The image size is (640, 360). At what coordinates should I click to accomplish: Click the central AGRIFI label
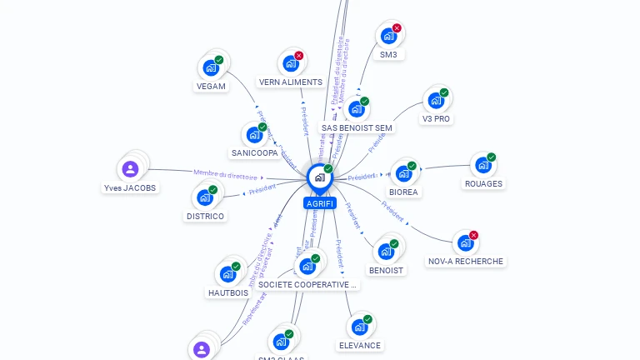pos(320,203)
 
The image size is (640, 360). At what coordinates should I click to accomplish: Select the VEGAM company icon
pos(210,67)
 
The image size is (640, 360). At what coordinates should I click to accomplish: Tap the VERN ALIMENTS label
pos(291,82)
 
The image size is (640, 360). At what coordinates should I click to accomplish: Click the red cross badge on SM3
pos(397,28)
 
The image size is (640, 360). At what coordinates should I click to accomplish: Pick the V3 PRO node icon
pos(435,101)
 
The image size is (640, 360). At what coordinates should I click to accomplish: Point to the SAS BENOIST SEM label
pos(357,128)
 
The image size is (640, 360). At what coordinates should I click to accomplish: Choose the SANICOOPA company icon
pos(254,135)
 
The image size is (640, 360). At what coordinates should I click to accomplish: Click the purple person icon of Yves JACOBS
pos(130,169)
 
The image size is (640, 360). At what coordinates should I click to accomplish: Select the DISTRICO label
pos(205,217)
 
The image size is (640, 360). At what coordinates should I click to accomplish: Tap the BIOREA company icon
pos(403,173)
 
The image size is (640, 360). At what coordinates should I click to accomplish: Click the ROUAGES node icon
pos(482,165)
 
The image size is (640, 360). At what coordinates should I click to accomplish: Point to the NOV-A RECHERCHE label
pos(466,262)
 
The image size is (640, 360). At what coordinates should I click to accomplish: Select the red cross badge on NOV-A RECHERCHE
pos(474,235)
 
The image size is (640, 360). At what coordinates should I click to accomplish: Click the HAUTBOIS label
pos(228,293)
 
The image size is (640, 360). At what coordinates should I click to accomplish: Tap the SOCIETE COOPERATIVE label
pos(308,285)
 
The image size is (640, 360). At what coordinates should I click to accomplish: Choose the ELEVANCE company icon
pos(359,327)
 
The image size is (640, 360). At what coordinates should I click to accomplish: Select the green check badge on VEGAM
pos(219,59)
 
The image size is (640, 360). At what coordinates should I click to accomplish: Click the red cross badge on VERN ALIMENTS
pos(299,56)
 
